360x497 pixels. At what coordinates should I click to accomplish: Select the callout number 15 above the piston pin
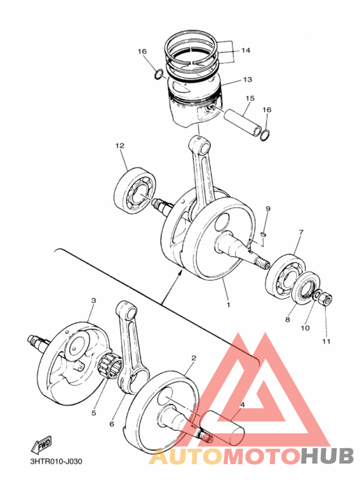pos(250,98)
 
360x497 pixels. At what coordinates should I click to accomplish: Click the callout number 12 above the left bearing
pos(119,147)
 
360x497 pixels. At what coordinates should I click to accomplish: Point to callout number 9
pos(268,209)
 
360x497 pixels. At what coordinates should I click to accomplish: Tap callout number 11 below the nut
pos(326,341)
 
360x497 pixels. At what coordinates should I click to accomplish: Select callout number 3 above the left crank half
pos(93,300)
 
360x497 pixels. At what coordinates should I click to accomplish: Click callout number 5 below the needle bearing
pos(93,413)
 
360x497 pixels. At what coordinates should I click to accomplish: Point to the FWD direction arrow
pos(40,444)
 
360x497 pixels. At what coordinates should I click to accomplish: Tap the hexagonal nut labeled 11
pos(325,299)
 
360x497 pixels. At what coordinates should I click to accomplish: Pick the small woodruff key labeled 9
pos(263,234)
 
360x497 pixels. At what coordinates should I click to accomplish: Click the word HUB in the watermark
pos(327,456)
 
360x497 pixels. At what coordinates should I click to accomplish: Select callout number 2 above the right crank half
pos(194,357)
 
